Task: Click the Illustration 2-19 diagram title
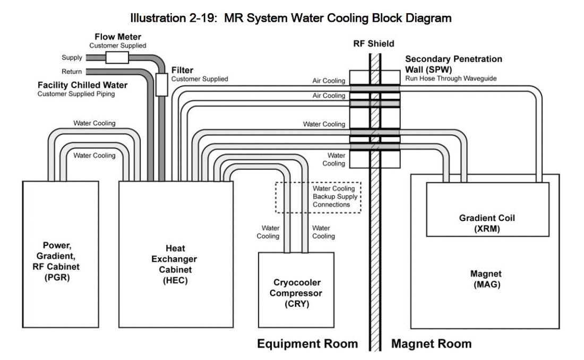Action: click(x=291, y=19)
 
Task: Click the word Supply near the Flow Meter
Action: click(x=72, y=57)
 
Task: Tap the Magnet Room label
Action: click(x=431, y=344)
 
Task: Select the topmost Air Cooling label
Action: click(x=329, y=81)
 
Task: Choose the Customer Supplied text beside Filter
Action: click(x=200, y=79)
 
